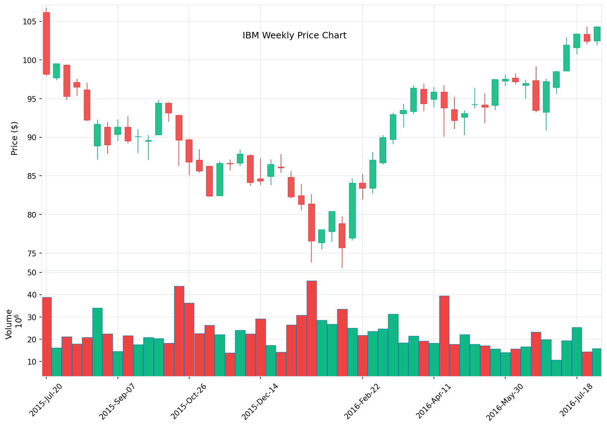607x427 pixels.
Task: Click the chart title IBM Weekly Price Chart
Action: point(294,35)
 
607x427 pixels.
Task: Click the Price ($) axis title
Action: point(14,138)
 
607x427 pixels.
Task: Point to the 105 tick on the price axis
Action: point(29,22)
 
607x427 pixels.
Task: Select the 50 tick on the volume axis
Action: point(32,272)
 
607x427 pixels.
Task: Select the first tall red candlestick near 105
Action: point(46,43)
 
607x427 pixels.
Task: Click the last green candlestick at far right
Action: point(597,34)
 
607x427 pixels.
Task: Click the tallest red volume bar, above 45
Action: point(312,328)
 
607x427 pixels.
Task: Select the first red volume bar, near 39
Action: point(47,336)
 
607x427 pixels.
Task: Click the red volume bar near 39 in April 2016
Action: point(444,336)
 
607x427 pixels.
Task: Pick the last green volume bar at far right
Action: point(597,362)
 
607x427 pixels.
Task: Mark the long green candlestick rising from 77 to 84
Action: point(352,210)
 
